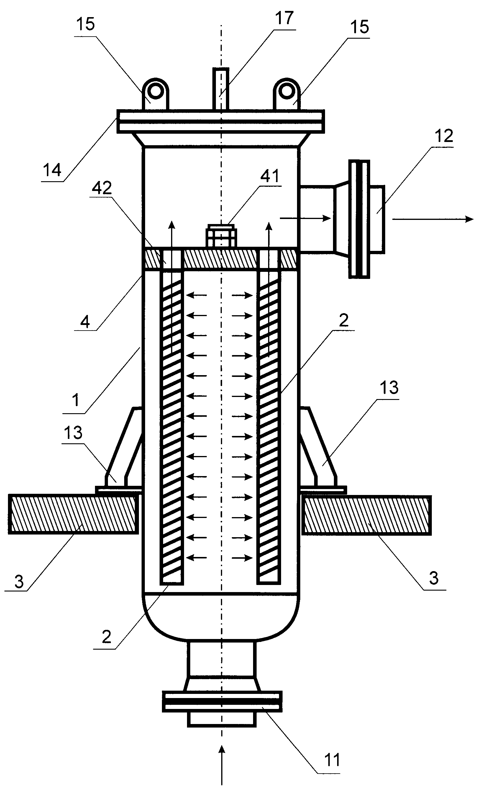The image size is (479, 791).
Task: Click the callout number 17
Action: click(284, 18)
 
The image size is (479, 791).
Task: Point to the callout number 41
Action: click(270, 176)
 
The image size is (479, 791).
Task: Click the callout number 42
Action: click(102, 188)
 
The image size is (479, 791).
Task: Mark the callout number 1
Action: click(76, 400)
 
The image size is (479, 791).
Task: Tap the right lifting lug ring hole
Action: click(286, 91)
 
